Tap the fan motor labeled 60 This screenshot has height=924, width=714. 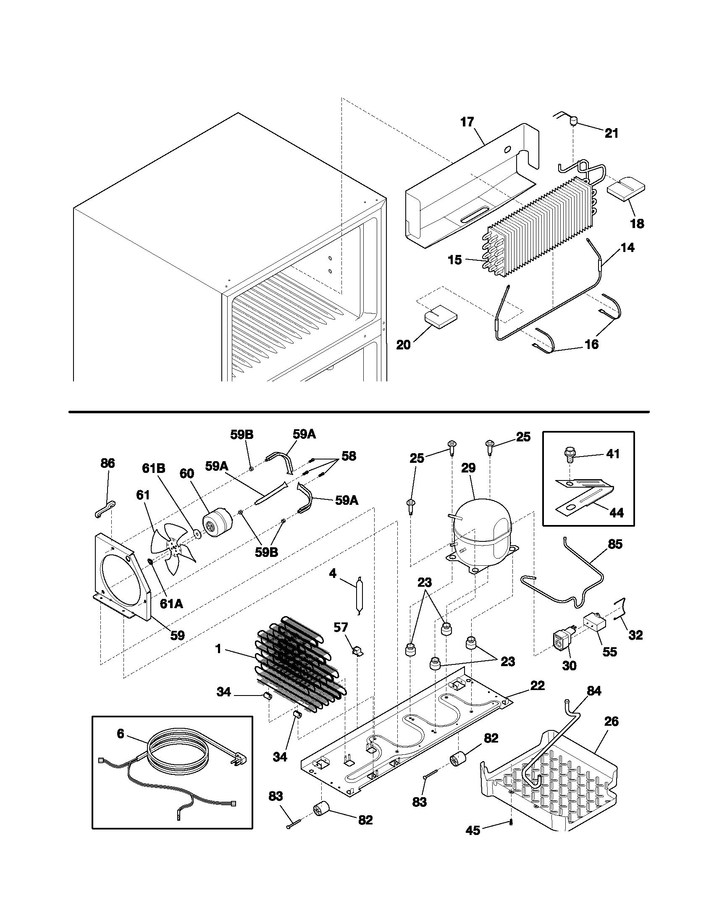tap(217, 525)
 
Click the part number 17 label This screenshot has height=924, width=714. tap(467, 122)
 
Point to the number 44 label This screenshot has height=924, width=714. tap(616, 512)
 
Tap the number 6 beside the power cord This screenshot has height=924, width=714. tap(121, 734)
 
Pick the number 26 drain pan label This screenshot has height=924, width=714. tap(612, 721)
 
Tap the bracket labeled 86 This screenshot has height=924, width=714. tap(102, 509)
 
